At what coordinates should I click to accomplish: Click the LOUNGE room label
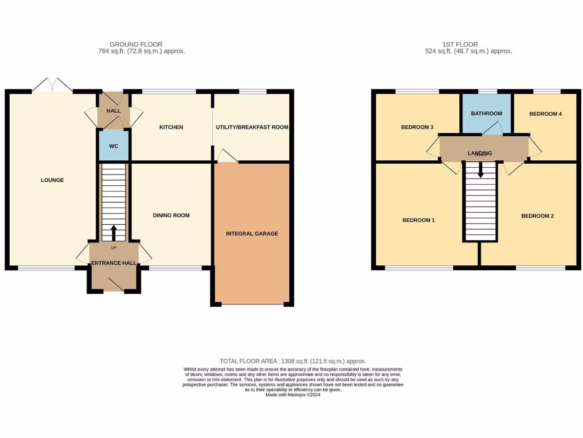click(52, 180)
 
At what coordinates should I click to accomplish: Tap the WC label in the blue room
click(114, 147)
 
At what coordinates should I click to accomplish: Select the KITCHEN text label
click(171, 127)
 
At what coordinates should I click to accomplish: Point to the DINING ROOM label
click(171, 216)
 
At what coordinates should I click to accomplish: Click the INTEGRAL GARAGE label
click(252, 234)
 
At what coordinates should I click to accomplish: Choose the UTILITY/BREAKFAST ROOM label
click(252, 127)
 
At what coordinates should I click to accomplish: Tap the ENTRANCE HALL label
click(114, 263)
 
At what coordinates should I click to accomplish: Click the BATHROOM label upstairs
click(486, 113)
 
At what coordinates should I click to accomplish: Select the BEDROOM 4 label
click(545, 114)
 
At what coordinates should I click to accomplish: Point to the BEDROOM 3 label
click(417, 127)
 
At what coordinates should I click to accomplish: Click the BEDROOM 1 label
click(418, 220)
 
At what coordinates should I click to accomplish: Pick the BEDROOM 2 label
click(537, 216)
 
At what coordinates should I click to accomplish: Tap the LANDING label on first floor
click(479, 153)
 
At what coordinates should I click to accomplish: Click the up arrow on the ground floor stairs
click(113, 232)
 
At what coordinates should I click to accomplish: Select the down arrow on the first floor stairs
click(481, 170)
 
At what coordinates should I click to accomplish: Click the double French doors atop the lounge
click(52, 86)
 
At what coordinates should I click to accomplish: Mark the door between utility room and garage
click(227, 156)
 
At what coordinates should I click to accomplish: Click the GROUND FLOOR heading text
click(136, 44)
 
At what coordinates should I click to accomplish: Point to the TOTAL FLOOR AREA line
click(293, 361)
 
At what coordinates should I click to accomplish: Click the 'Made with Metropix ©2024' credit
click(293, 395)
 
